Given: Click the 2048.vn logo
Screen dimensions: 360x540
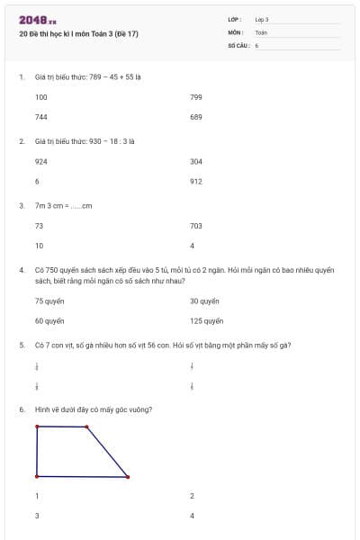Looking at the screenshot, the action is tap(38, 21).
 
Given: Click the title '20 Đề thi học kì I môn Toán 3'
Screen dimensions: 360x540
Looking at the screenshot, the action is tap(78, 35).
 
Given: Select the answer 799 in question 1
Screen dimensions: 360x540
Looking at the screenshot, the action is tap(196, 97).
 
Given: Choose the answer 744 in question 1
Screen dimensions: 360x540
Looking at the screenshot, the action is tap(41, 117).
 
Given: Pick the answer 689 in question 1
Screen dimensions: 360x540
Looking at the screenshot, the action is tap(196, 117).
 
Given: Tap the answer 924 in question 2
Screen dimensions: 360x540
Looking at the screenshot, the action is tap(41, 162).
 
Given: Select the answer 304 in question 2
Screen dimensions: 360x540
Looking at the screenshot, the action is tap(196, 162).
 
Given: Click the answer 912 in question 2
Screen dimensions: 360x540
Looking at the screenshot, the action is tap(196, 181).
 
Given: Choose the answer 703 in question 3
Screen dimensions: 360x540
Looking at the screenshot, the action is tap(196, 226).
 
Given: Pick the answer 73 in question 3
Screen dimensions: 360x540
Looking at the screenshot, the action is tap(39, 226).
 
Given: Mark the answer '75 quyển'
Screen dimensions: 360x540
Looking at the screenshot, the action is tap(49, 301).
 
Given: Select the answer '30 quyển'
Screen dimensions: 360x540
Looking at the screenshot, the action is tap(204, 301).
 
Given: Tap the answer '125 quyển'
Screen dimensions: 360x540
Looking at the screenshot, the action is tap(206, 320).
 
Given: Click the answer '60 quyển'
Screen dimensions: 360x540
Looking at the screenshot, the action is tap(49, 320).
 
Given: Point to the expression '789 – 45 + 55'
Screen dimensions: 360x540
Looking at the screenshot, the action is tap(107, 77).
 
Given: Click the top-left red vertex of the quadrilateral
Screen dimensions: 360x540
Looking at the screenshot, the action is tap(37, 427).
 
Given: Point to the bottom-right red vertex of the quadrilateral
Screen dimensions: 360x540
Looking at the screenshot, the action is tap(128, 477).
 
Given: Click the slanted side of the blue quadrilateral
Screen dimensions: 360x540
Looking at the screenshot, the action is tap(108, 453).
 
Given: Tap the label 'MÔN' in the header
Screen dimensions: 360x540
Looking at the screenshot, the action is tap(236, 31).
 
